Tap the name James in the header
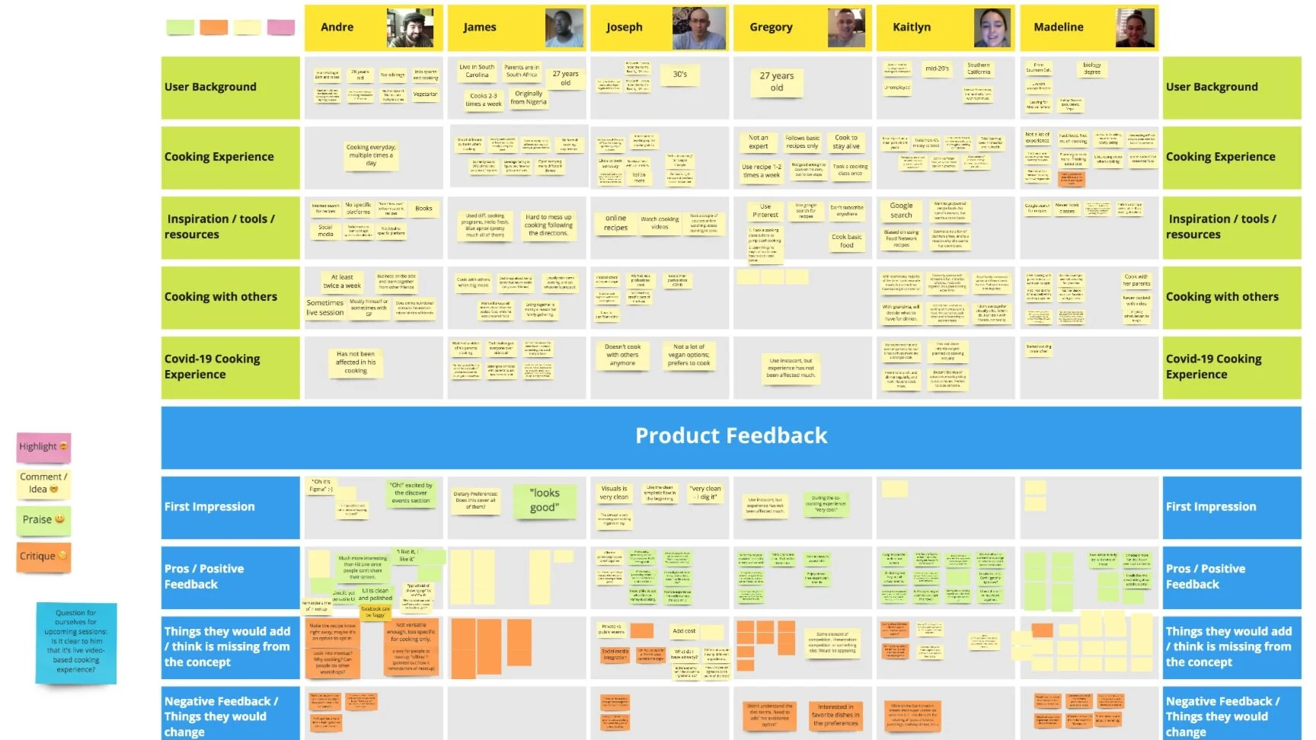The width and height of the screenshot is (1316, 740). (480, 27)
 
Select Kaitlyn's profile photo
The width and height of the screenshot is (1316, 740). (992, 28)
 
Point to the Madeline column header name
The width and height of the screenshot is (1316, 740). (1059, 27)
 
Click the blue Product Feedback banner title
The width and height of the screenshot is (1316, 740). (731, 436)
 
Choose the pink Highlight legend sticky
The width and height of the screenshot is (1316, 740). (43, 447)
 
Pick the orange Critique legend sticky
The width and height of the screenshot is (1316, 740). (43, 557)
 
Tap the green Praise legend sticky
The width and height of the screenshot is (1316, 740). (43, 520)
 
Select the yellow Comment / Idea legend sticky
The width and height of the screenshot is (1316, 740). (43, 483)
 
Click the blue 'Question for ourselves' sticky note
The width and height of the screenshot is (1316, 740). (76, 642)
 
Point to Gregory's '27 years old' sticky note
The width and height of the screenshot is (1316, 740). (777, 81)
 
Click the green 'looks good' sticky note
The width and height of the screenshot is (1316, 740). (545, 500)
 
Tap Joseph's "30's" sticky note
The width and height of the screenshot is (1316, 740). (680, 75)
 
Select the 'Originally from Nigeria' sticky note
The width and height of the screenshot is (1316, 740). (529, 98)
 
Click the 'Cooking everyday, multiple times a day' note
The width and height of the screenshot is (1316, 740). (371, 155)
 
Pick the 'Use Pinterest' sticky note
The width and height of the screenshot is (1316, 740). (765, 211)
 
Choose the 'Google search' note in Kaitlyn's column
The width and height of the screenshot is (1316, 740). (901, 210)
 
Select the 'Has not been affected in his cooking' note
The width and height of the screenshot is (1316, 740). (356, 362)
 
